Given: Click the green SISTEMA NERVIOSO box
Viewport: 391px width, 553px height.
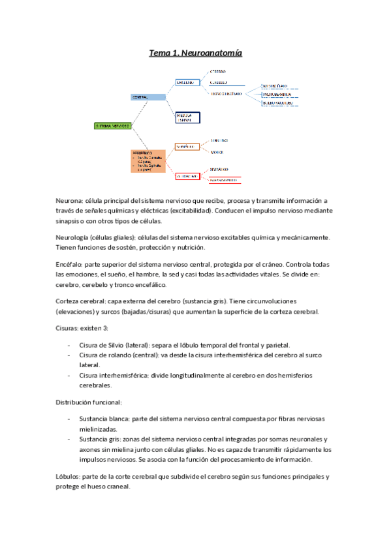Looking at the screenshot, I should tap(113, 125).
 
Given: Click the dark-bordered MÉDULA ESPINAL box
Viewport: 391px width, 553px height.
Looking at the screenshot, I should tap(187, 117).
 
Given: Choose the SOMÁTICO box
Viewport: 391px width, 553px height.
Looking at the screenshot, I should tap(187, 147).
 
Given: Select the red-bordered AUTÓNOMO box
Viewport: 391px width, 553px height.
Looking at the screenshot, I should tap(187, 175).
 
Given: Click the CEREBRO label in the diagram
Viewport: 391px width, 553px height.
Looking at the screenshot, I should tap(218, 71).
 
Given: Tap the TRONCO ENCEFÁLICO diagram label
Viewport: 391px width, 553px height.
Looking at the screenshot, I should tap(227, 94).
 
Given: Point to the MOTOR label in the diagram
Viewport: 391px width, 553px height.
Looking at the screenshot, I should tap(217, 152).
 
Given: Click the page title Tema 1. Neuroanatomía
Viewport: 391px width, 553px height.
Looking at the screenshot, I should tap(195, 53).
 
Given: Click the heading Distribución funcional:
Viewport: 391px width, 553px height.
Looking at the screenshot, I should tap(88, 402).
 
